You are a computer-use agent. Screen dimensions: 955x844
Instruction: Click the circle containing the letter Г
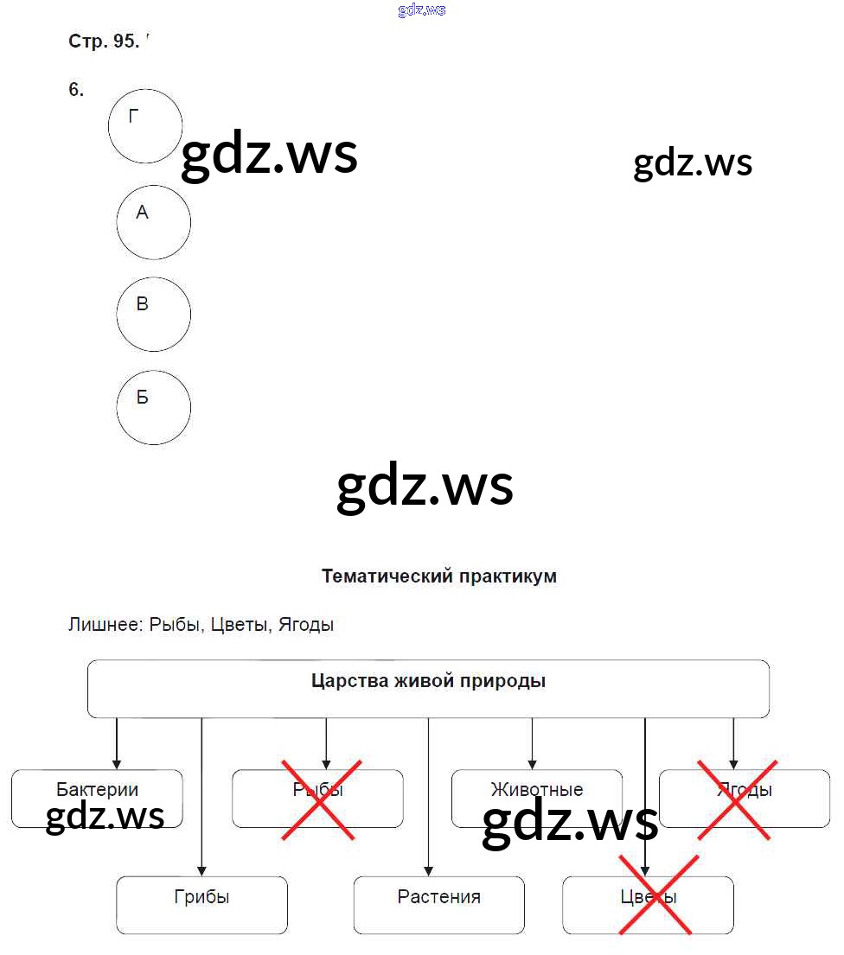145,126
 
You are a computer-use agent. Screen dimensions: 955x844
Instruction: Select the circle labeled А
154,222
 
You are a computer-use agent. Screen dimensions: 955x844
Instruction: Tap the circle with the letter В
154,314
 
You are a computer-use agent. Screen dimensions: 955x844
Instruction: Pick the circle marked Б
154,407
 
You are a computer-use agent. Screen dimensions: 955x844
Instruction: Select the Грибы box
201,905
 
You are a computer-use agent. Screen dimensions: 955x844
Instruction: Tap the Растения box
438,905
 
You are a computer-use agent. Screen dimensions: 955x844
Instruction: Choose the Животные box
536,790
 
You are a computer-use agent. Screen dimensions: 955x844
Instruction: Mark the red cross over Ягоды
734,799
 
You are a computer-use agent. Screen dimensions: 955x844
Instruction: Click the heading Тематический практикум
438,576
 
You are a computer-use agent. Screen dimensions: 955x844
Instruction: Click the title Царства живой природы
428,681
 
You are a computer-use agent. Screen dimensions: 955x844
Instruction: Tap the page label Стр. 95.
103,41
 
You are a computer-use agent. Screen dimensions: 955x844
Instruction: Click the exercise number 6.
76,90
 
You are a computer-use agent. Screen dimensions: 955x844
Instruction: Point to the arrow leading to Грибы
201,795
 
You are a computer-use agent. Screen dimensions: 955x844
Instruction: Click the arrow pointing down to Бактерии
117,743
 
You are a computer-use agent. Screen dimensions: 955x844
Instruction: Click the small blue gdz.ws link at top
422,10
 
